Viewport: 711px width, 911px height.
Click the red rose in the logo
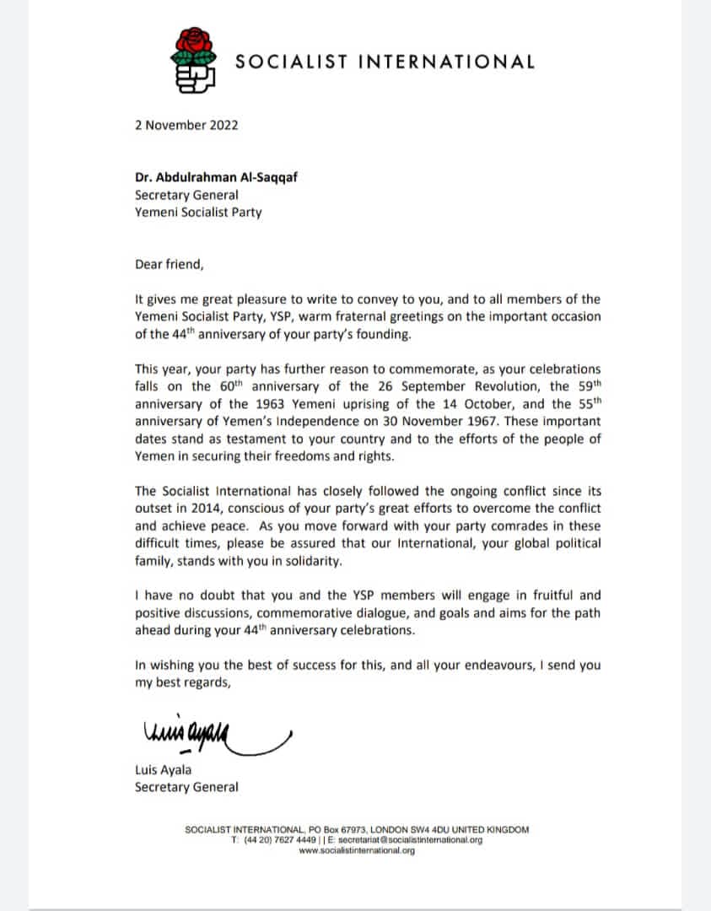point(194,45)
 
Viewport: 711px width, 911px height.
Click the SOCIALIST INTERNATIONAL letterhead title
point(385,62)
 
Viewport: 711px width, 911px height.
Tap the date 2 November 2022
point(186,125)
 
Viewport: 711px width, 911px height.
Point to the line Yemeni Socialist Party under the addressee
point(198,212)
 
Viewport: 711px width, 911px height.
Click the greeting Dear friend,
point(170,263)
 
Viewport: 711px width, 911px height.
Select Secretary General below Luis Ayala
point(186,787)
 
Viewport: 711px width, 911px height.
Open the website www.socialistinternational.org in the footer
point(357,851)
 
